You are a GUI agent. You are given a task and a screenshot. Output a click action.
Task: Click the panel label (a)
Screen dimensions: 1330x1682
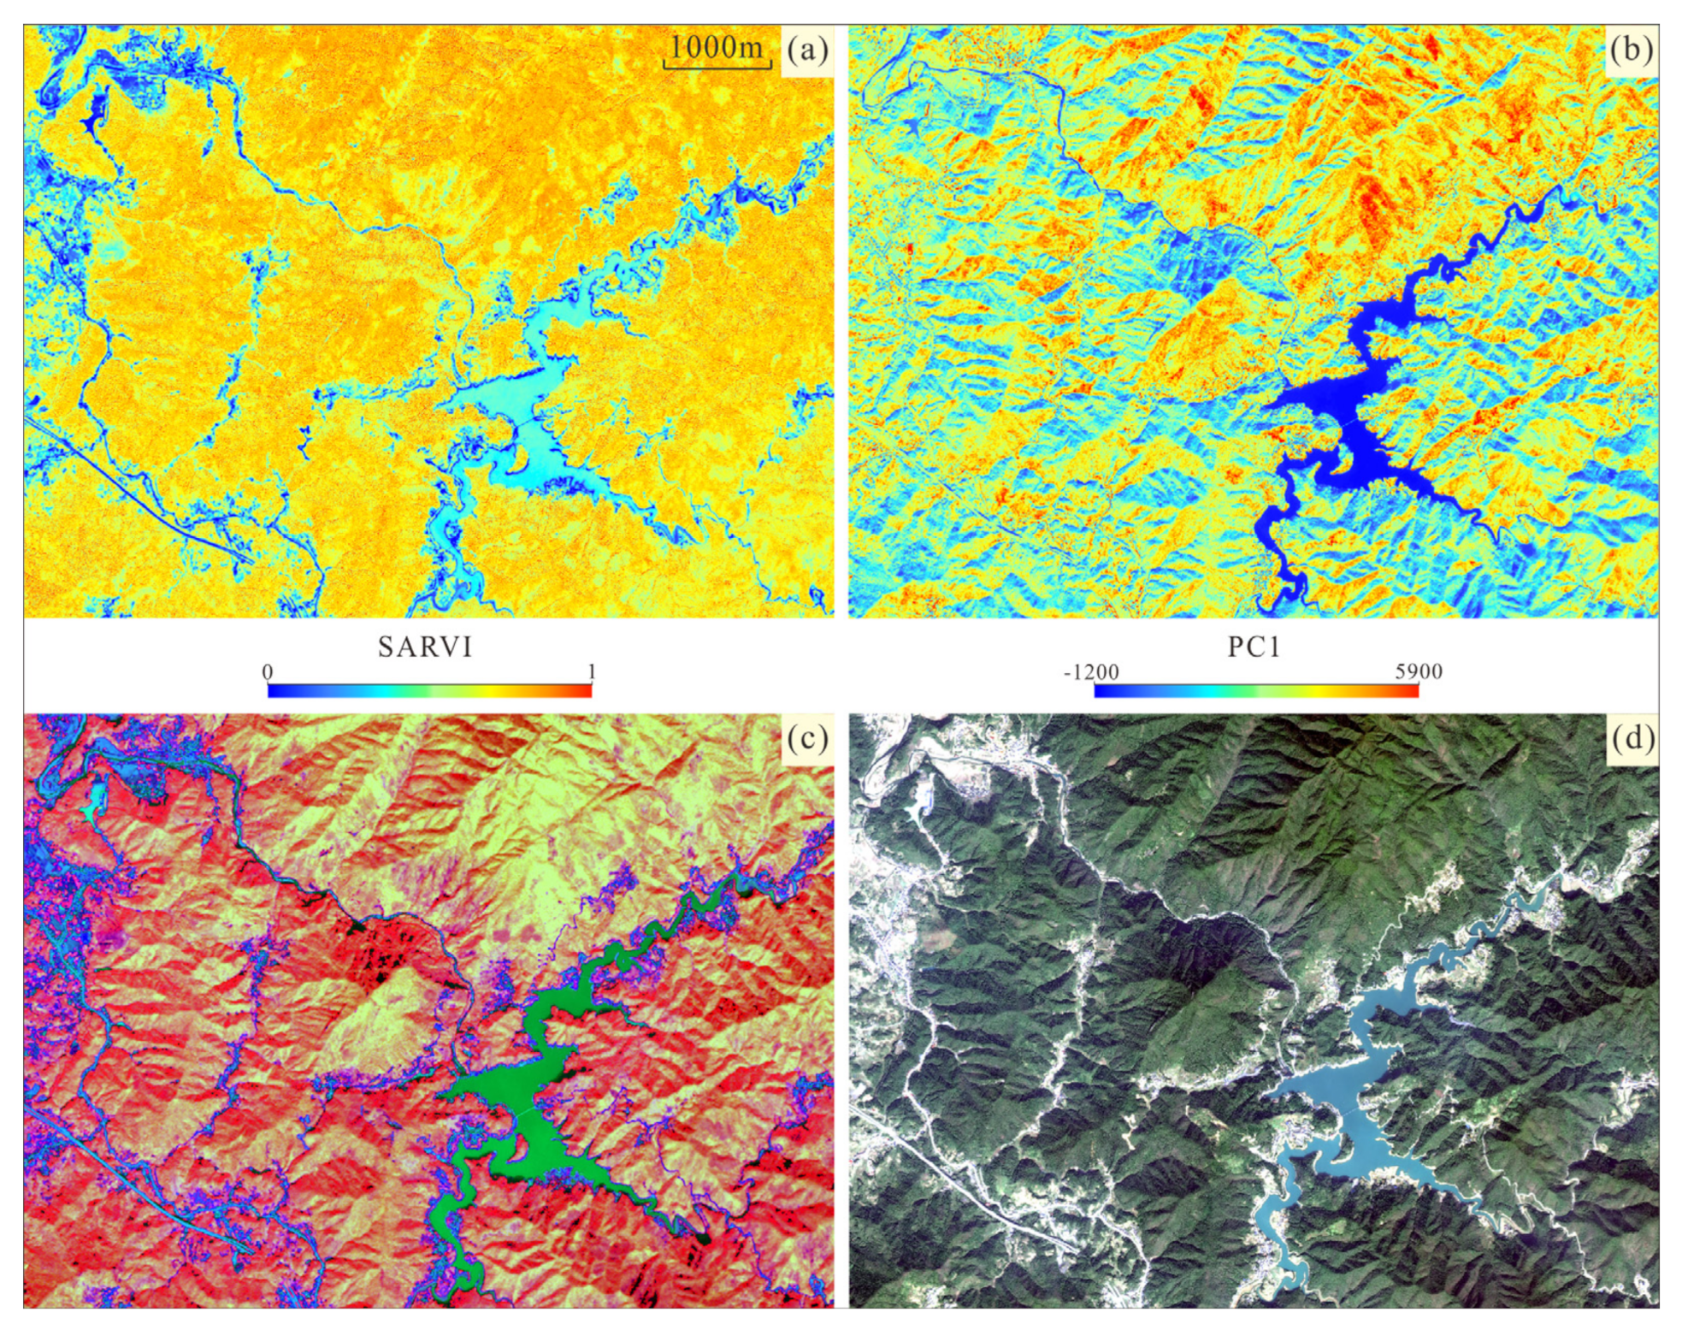(807, 50)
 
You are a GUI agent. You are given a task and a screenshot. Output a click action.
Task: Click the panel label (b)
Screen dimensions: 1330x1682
(1631, 50)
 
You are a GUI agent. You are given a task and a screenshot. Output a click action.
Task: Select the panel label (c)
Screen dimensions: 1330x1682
(807, 738)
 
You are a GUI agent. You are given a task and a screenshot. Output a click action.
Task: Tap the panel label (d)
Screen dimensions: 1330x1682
(1631, 738)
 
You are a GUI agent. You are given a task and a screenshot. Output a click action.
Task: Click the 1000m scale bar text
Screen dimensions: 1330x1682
(717, 46)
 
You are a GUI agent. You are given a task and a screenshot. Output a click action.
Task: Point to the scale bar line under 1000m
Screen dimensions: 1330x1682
(717, 65)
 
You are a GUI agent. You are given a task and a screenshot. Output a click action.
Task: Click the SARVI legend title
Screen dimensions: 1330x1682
(425, 647)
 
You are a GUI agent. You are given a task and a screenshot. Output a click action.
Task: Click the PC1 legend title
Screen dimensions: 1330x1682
(1254, 647)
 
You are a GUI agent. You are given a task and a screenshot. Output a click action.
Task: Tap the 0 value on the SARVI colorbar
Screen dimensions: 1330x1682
(268, 671)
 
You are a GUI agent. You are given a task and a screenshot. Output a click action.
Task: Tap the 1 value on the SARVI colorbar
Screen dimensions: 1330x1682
(591, 671)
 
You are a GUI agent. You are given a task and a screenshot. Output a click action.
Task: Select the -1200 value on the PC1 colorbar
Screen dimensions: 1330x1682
(1091, 672)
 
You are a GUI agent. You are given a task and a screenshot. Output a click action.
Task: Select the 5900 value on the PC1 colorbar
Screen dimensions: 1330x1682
(1419, 671)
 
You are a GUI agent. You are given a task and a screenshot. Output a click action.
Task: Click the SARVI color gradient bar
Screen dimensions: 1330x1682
(429, 690)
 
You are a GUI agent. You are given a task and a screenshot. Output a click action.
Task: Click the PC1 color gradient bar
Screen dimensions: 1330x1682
(1256, 690)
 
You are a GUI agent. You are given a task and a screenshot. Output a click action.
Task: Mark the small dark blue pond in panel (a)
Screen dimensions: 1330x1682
(94, 115)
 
